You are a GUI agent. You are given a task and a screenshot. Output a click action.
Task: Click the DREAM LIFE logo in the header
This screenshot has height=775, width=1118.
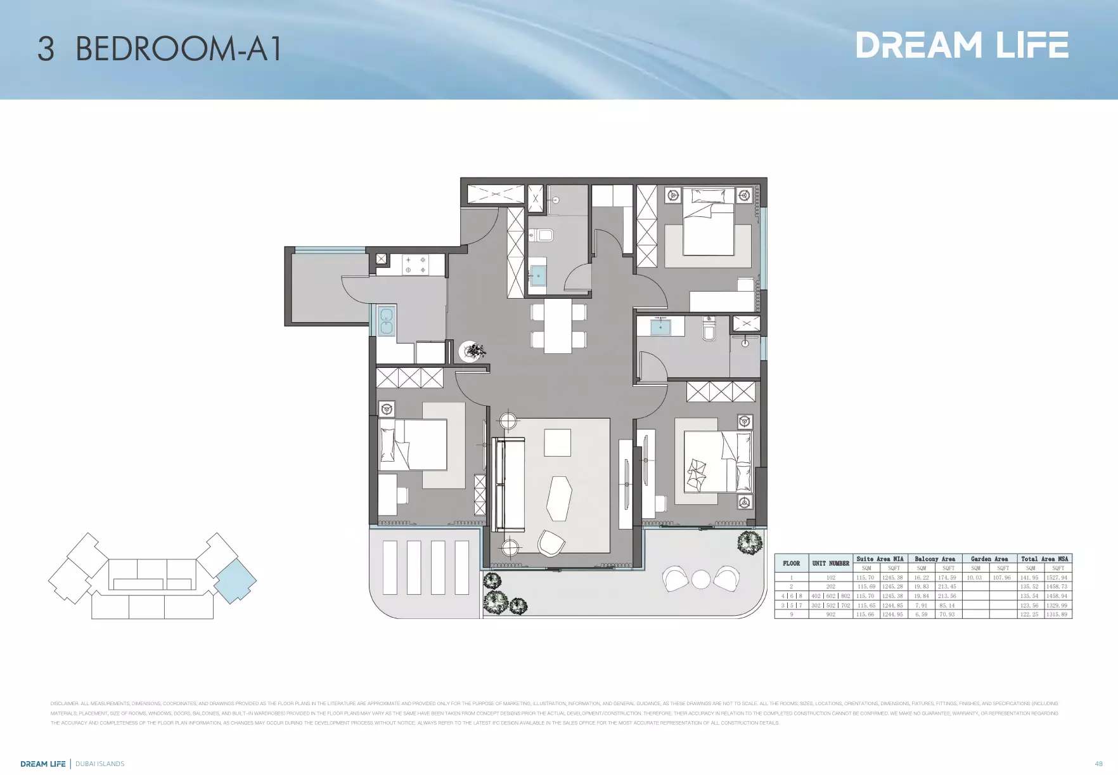(x=961, y=45)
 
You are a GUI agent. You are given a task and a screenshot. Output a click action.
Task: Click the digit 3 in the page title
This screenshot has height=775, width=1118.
(x=46, y=49)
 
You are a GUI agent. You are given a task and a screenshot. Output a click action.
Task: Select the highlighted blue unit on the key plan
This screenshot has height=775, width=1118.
(x=235, y=580)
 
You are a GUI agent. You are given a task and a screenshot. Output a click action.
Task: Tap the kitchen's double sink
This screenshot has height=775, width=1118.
(x=386, y=321)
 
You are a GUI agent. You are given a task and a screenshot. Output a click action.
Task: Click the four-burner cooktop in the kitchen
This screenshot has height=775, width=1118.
(x=415, y=264)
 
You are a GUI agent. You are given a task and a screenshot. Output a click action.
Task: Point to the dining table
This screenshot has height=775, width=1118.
(x=558, y=325)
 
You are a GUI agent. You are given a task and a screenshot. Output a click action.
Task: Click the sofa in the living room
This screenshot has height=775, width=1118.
(x=509, y=485)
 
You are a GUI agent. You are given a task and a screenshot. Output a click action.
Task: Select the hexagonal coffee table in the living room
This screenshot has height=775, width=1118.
(x=559, y=498)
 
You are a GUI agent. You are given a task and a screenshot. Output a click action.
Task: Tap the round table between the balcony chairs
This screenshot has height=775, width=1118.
(x=701, y=580)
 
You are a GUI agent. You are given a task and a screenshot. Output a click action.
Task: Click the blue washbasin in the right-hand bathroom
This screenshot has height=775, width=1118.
(x=660, y=327)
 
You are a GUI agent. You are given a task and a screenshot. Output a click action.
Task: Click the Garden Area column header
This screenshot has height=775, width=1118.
(x=989, y=559)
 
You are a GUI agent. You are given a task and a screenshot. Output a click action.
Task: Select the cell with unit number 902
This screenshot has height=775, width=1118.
(x=830, y=614)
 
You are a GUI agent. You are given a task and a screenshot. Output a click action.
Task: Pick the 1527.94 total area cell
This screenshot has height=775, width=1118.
(x=1057, y=577)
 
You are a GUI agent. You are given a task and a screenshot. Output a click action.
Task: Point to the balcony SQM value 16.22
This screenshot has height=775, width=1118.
(x=921, y=577)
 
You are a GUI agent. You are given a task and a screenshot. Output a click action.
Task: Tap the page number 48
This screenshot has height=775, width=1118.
(x=1098, y=764)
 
